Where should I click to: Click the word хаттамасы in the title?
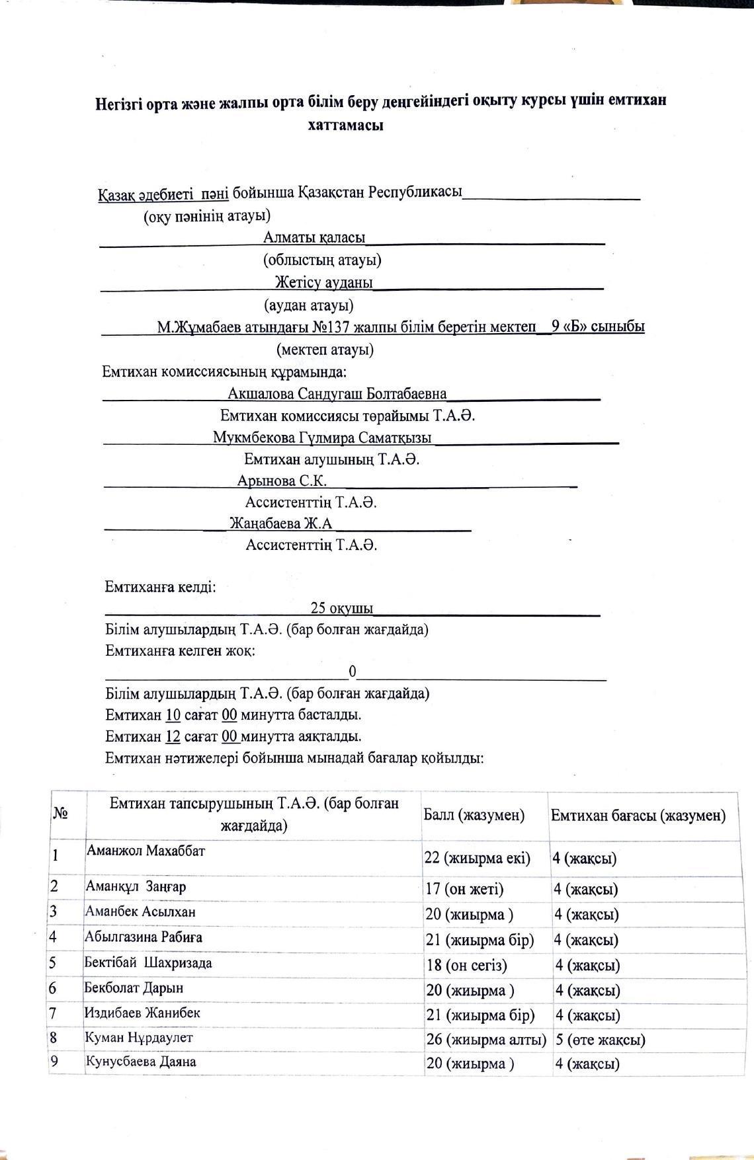click(x=345, y=126)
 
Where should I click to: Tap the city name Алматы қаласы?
click(x=314, y=237)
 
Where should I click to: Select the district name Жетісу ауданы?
click(x=324, y=283)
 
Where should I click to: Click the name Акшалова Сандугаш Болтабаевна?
click(x=337, y=394)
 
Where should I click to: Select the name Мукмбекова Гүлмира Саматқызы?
click(x=322, y=438)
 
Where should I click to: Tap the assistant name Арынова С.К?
click(x=282, y=481)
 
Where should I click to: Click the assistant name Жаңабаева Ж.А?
click(x=280, y=523)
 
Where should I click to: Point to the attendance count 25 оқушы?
click(x=341, y=608)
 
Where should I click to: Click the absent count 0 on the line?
click(x=353, y=672)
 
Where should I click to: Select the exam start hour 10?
click(x=173, y=715)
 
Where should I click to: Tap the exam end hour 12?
click(x=173, y=736)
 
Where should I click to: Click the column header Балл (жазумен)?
click(x=474, y=815)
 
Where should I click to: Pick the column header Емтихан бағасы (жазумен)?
click(x=638, y=816)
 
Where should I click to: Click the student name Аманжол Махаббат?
click(x=145, y=851)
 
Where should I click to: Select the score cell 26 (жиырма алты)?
click(x=486, y=1039)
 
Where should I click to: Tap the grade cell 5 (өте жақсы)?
click(x=600, y=1040)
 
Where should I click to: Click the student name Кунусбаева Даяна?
click(x=140, y=1062)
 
